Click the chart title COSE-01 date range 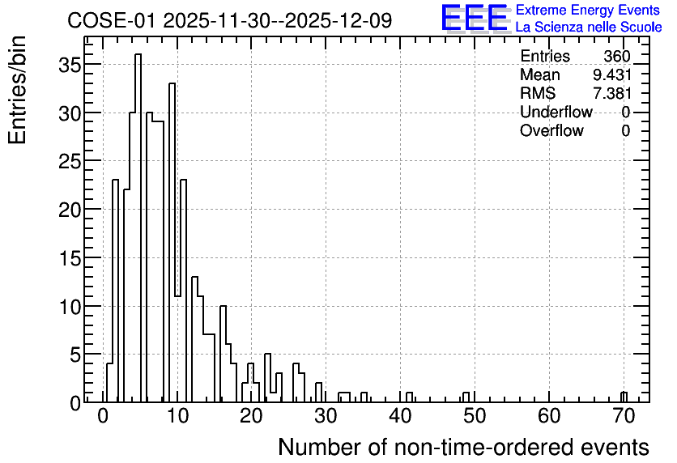tap(230, 20)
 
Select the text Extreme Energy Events tap(588, 10)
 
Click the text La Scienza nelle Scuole tap(589, 27)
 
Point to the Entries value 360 tap(617, 56)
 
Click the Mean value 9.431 tap(611, 74)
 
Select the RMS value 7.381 tap(611, 93)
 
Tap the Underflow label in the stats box tap(556, 112)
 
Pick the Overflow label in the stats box tap(551, 130)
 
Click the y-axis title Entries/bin tap(17, 90)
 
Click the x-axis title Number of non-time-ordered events tap(464, 447)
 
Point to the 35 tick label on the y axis tap(70, 65)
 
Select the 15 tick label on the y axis tap(70, 258)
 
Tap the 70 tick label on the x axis tap(624, 416)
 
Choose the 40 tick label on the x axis tap(400, 416)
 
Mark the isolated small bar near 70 tap(624, 397)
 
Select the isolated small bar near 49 tap(466, 397)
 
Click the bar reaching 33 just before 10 tap(172, 243)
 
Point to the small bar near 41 tap(409, 397)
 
